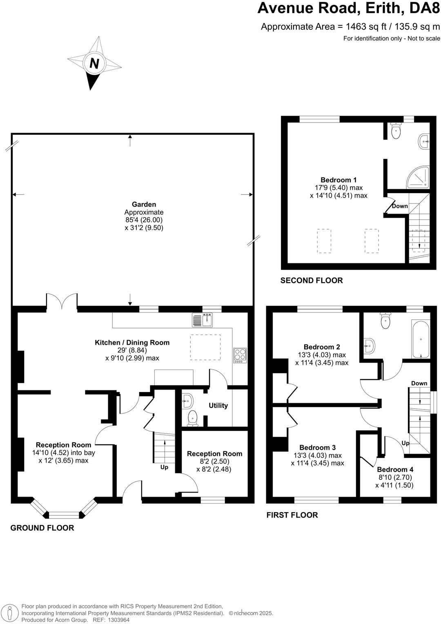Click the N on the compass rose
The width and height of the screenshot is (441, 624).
94,64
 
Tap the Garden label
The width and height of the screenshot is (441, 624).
144,205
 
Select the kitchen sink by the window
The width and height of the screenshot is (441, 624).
203,320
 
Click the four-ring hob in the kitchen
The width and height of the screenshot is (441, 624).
240,355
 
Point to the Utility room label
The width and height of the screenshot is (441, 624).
218,406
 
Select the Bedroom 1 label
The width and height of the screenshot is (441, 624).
339,180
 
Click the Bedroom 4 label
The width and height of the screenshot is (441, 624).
395,470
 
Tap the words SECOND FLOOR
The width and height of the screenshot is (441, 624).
312,281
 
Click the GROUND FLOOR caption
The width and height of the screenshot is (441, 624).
42,528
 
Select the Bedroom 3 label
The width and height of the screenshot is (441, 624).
317,448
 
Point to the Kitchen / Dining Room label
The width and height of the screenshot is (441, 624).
132,343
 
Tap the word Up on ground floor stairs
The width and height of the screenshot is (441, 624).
164,467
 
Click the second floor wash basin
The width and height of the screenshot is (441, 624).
424,142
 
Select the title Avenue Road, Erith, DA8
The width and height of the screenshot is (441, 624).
349,9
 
